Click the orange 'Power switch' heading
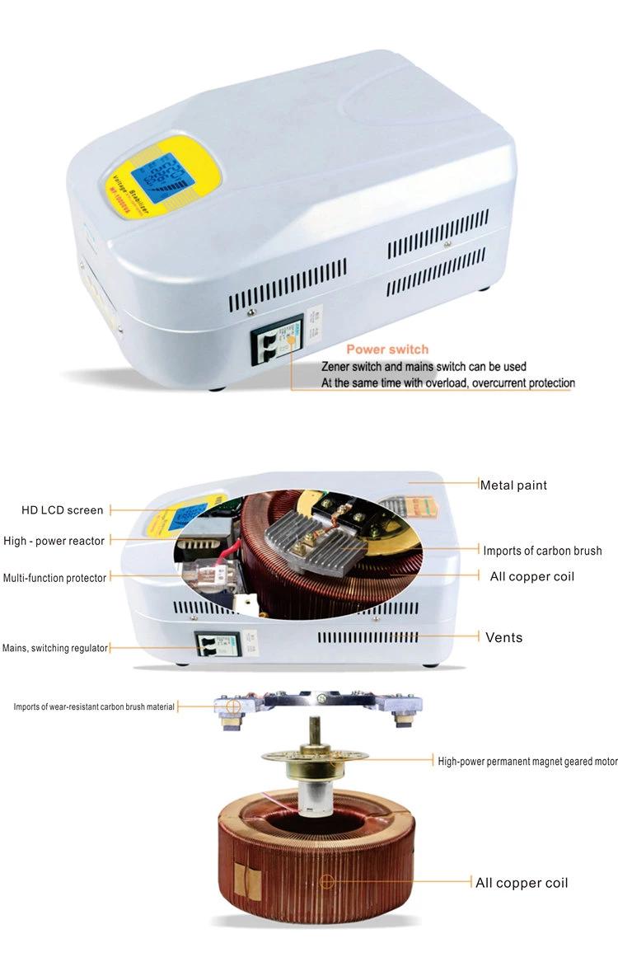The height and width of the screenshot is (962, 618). tap(387, 350)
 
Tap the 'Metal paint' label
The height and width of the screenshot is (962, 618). tap(513, 485)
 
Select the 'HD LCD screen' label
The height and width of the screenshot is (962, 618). tap(63, 510)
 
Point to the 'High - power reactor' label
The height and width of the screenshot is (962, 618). tap(54, 541)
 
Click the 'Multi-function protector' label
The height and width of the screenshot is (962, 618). tap(54, 578)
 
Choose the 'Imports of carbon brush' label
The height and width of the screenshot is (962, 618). tap(542, 551)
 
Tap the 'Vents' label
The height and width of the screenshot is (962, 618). tap(503, 637)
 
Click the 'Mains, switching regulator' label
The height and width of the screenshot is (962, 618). tap(55, 648)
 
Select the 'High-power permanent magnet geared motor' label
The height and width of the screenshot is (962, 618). tap(527, 761)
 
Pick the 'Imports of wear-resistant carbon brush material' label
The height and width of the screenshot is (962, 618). tap(94, 706)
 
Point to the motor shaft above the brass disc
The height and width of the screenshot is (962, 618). tap(316, 733)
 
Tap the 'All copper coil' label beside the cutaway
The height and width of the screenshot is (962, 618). tap(531, 576)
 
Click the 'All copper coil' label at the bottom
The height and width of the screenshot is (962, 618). tap(522, 883)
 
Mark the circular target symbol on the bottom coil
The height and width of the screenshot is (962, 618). tap(327, 882)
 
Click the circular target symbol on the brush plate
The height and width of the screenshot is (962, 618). tap(234, 706)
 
